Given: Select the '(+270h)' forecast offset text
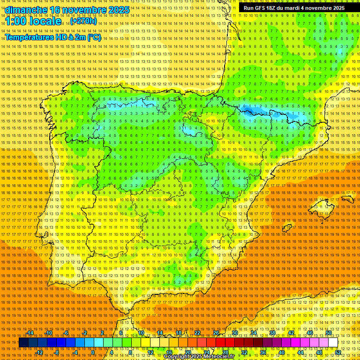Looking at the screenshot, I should [83, 21].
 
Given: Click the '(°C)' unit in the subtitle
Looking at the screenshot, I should [94, 37].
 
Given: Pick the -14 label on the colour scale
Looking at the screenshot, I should [30, 333].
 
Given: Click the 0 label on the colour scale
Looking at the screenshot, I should [93, 352].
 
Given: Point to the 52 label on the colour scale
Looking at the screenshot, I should [338, 352].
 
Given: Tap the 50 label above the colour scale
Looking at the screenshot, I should [329, 333].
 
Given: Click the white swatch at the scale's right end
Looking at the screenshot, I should [333, 343].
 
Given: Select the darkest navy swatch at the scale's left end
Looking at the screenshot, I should [23, 343].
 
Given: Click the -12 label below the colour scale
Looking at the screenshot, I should [39, 352].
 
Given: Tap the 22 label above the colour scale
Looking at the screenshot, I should [197, 333].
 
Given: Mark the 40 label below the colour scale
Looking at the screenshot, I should [281, 352].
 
